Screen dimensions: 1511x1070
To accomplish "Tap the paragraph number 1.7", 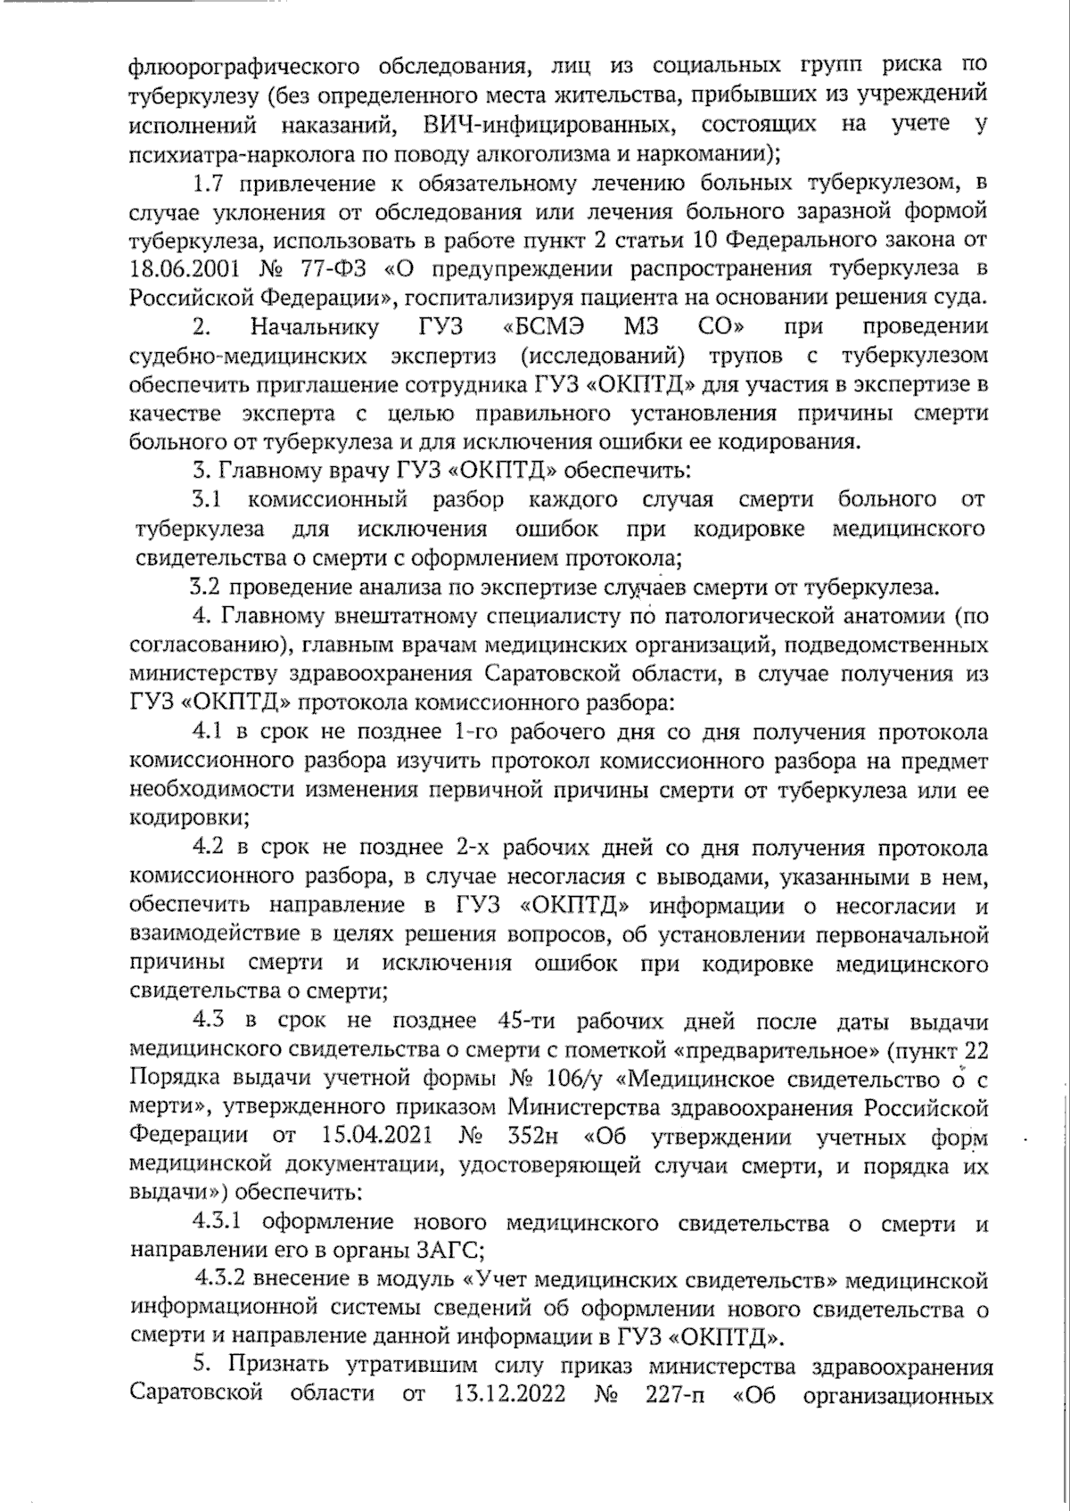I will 211,185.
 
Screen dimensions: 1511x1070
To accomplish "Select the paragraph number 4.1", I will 211,733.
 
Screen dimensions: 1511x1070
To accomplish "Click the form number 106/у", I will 567,1080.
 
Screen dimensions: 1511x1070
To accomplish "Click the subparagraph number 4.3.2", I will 223,1281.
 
